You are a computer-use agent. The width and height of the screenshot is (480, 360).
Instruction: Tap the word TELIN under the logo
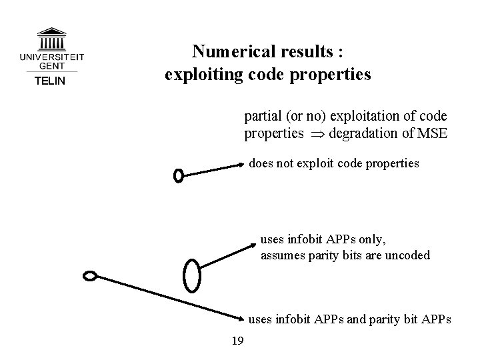pyautogui.click(x=50, y=81)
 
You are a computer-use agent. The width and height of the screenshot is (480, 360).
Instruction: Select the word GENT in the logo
pyautogui.click(x=51, y=66)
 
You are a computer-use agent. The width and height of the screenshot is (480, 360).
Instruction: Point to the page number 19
pyautogui.click(x=237, y=342)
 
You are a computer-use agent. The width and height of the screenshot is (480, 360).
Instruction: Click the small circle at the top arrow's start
pyautogui.click(x=178, y=175)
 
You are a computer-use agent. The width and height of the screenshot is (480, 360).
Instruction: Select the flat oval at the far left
pyautogui.click(x=90, y=275)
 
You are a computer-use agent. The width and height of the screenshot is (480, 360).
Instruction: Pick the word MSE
pyautogui.click(x=432, y=134)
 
